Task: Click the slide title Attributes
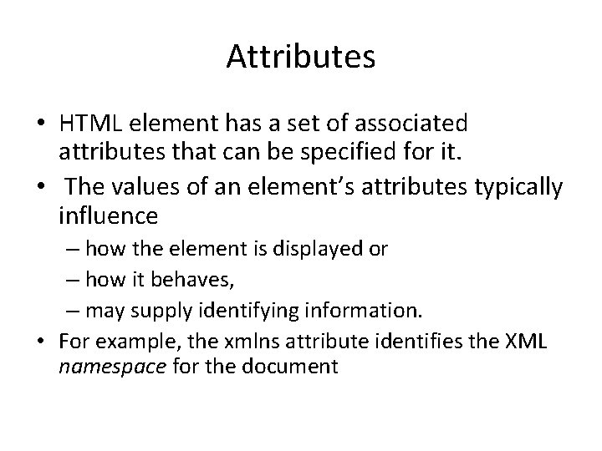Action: (x=300, y=57)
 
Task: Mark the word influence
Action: (x=109, y=217)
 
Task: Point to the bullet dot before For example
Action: (x=41, y=342)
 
